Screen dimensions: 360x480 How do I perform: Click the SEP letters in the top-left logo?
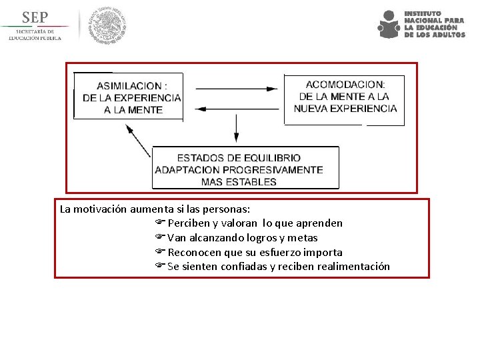[x=35, y=17]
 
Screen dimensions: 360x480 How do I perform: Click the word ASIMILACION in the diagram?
[x=129, y=86]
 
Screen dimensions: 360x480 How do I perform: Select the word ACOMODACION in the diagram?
[x=345, y=85]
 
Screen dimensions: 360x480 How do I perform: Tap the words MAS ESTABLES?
[x=239, y=181]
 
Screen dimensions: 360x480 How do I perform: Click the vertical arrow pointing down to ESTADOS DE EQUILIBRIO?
[x=236, y=128]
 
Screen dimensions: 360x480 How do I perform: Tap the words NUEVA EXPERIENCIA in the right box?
[x=345, y=108]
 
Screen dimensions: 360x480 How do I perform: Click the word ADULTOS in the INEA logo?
[x=449, y=35]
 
